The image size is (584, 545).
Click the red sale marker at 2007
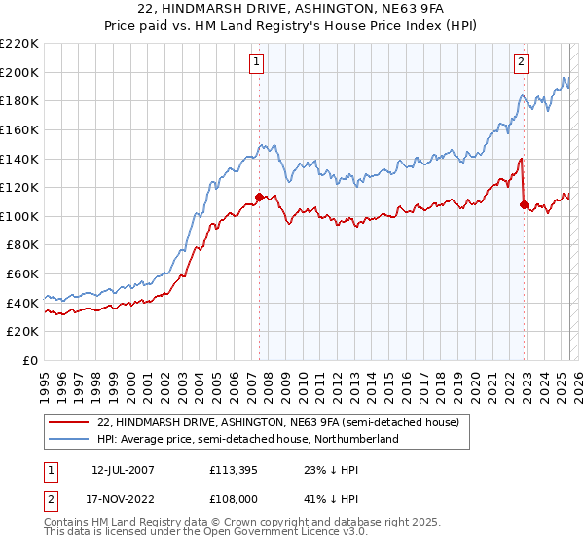tap(259, 197)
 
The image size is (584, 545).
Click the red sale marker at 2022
tap(524, 204)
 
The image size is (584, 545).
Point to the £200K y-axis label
tap(19, 72)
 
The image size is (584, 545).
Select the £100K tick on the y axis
tap(19, 216)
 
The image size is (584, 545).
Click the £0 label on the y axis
tap(28, 360)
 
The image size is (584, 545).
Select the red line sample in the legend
tap(69, 423)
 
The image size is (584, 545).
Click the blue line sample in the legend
tap(69, 440)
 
